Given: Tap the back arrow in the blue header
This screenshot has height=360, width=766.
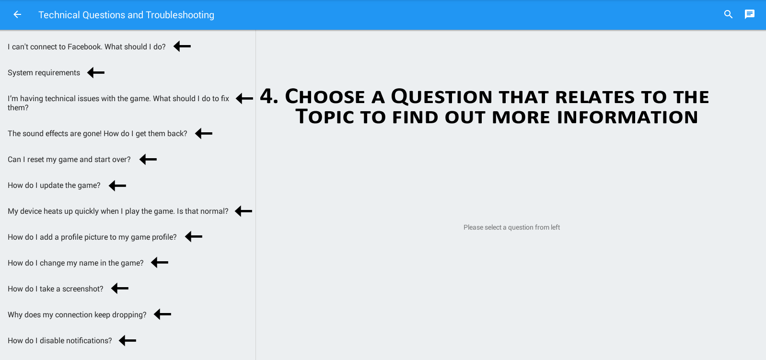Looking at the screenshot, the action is [17, 15].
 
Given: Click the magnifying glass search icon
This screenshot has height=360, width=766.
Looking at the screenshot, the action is [728, 14].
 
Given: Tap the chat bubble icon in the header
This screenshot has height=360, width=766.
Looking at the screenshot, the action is [750, 14].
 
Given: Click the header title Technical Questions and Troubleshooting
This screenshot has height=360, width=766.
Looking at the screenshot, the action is [126, 15].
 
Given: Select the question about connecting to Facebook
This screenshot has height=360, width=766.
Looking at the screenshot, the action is [86, 47].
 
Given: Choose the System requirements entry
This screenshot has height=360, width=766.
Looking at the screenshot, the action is [44, 73].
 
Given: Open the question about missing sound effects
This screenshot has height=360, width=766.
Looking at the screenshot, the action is [97, 134].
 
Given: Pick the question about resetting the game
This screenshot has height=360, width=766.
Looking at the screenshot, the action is [69, 160].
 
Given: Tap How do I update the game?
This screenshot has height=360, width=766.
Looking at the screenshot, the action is [54, 186].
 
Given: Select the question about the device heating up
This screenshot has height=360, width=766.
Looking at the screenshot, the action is [118, 211].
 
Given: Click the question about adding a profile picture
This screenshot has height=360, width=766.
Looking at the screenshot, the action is [92, 237].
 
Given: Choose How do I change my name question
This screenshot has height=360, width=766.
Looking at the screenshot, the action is [76, 263].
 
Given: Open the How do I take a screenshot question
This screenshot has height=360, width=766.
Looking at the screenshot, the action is [56, 289].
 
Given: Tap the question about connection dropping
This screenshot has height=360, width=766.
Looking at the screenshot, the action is [77, 315].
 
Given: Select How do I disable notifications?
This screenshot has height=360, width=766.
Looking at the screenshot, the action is [60, 340].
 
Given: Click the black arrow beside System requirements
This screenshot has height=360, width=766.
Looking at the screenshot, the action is [96, 72].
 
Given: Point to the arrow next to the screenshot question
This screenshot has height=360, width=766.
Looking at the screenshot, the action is [120, 289].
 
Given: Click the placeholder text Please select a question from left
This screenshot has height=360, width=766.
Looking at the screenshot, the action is [511, 227].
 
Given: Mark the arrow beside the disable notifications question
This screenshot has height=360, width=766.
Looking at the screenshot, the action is [128, 340].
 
